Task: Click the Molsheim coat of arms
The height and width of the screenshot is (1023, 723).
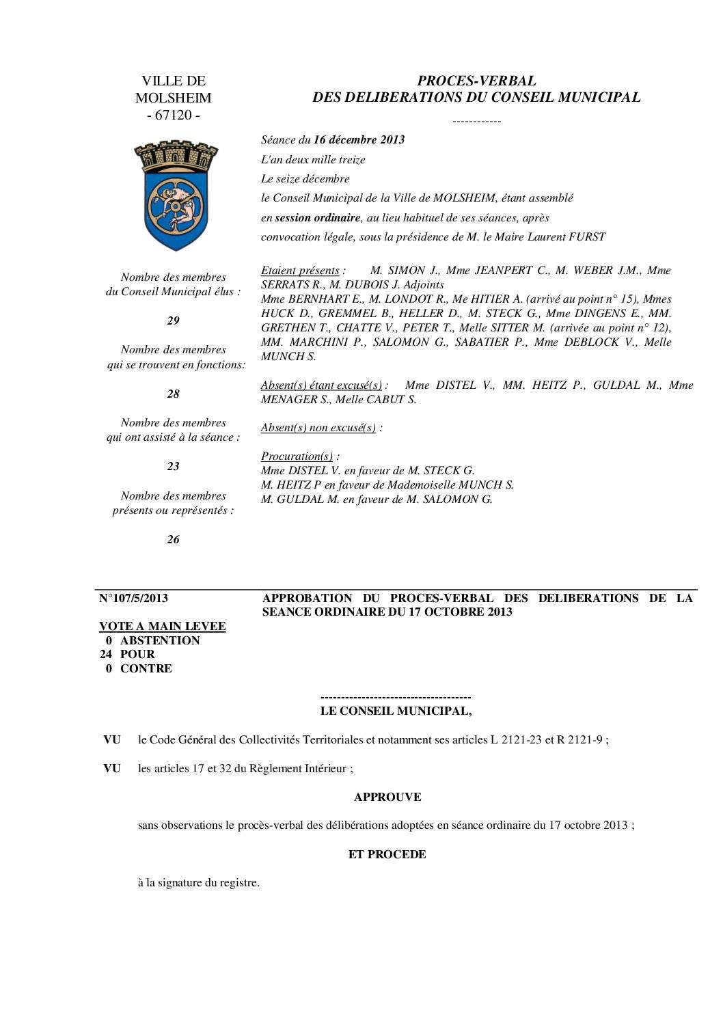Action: click(176, 195)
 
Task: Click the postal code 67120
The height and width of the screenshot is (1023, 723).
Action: click(174, 115)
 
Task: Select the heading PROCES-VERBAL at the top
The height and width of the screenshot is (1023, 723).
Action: click(476, 81)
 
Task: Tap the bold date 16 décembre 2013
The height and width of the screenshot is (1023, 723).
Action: click(359, 140)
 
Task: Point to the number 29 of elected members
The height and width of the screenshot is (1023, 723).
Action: click(173, 320)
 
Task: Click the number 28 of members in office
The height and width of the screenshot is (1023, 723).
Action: click(173, 394)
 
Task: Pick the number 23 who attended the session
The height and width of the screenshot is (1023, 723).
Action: click(173, 466)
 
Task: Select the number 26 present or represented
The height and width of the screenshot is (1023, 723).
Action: click(173, 539)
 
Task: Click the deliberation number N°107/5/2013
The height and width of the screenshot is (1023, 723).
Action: click(133, 599)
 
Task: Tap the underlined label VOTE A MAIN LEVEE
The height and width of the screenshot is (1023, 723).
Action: click(163, 626)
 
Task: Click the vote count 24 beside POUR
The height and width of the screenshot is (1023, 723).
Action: click(106, 654)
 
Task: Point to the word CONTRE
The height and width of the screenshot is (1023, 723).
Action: click(146, 668)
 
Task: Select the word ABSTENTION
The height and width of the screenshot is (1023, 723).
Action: click(160, 640)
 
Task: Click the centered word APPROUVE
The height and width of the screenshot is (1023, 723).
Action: click(387, 797)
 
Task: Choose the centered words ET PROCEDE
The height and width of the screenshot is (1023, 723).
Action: click(387, 854)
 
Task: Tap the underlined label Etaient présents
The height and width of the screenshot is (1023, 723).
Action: click(300, 270)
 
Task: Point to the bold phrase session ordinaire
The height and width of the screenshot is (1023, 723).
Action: click(317, 218)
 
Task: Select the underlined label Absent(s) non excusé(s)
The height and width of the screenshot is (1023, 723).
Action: click(318, 428)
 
